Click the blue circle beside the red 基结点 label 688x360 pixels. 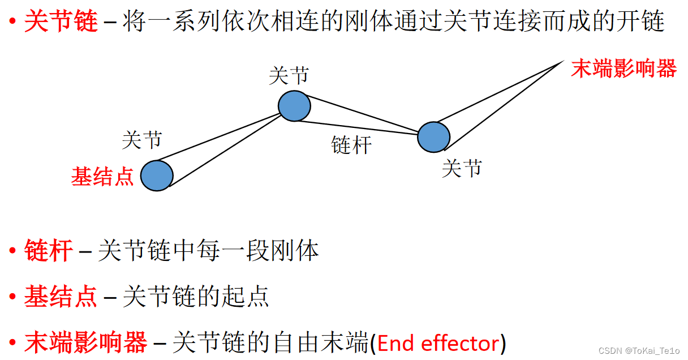tap(157, 175)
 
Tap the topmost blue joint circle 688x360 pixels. tap(294, 105)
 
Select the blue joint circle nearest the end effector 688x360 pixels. tap(433, 137)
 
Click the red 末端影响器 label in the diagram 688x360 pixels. tap(623, 69)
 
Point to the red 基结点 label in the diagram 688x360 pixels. tap(102, 177)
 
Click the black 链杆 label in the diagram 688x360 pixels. tap(351, 145)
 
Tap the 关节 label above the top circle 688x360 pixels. tap(289, 76)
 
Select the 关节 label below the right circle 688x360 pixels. tap(462, 168)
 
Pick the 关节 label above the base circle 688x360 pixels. tap(142, 140)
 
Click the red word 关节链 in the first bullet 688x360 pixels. tap(61, 23)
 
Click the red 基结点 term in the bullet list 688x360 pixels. tap(61, 297)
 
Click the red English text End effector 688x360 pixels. tap(438, 343)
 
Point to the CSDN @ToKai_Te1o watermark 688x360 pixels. tap(639, 352)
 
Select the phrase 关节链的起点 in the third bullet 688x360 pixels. tap(196, 297)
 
